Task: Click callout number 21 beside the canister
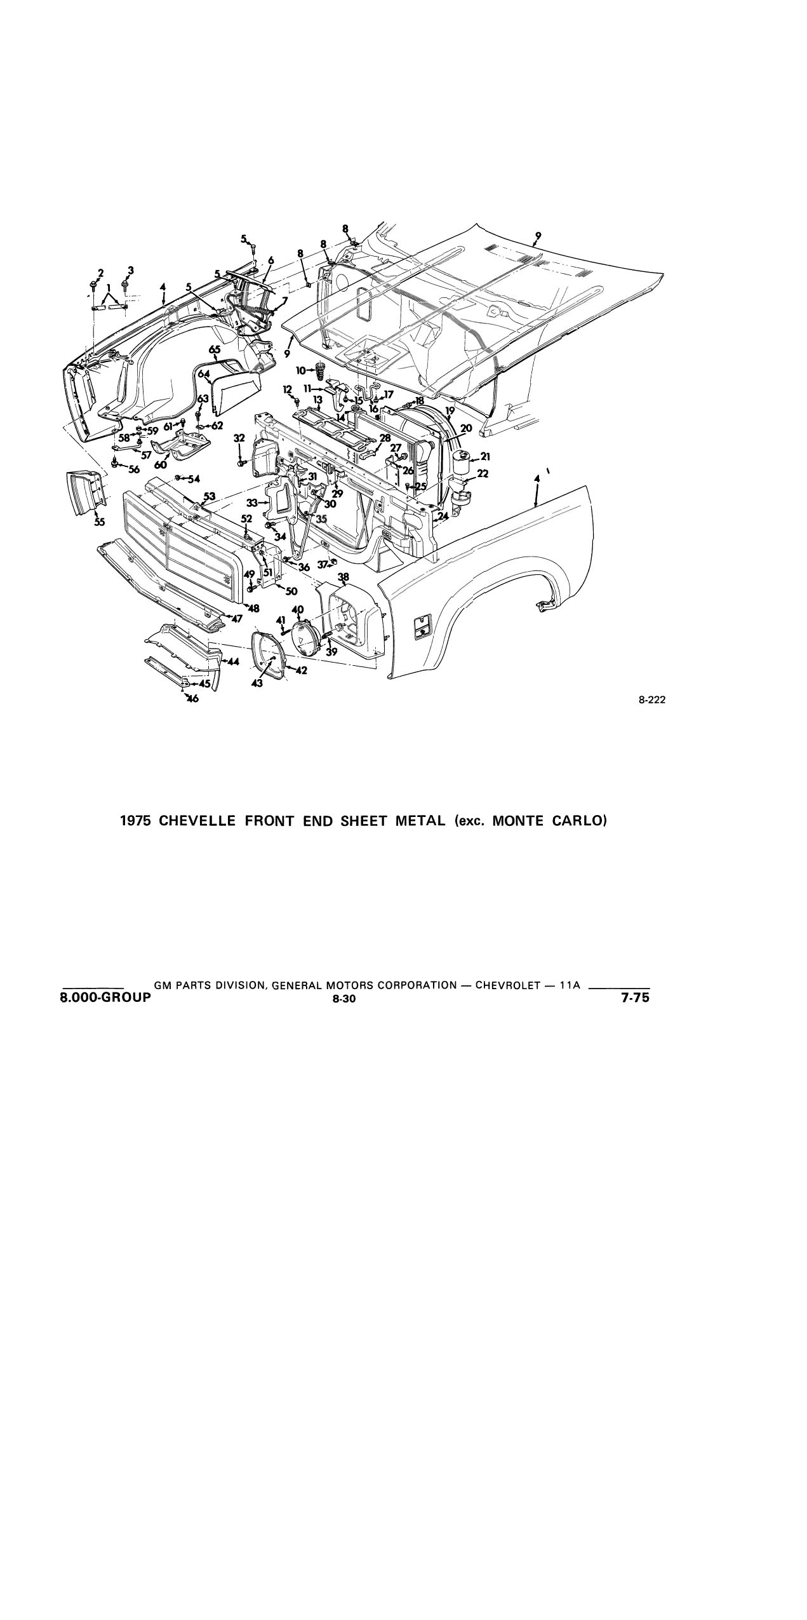[485, 457]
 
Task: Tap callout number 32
[239, 438]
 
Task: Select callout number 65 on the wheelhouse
[215, 349]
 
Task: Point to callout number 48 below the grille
[254, 609]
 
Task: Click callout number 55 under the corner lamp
[100, 522]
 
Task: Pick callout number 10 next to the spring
[301, 370]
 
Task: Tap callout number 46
[192, 699]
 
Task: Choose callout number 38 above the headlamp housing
[343, 577]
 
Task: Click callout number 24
[443, 516]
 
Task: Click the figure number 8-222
[652, 701]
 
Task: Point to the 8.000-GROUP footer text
[105, 997]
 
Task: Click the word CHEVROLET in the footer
[507, 985]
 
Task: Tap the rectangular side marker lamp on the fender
[422, 628]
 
